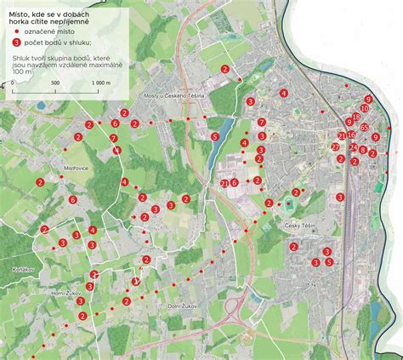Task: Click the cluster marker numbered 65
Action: click(x=364, y=128)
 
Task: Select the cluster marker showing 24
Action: click(x=354, y=147)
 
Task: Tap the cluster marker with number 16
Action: click(x=351, y=134)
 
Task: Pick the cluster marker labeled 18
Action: click(x=355, y=117)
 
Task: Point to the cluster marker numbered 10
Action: click(x=365, y=109)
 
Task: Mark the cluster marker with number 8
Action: click(x=363, y=151)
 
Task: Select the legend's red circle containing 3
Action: click(x=18, y=42)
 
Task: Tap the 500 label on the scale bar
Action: click(x=55, y=83)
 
